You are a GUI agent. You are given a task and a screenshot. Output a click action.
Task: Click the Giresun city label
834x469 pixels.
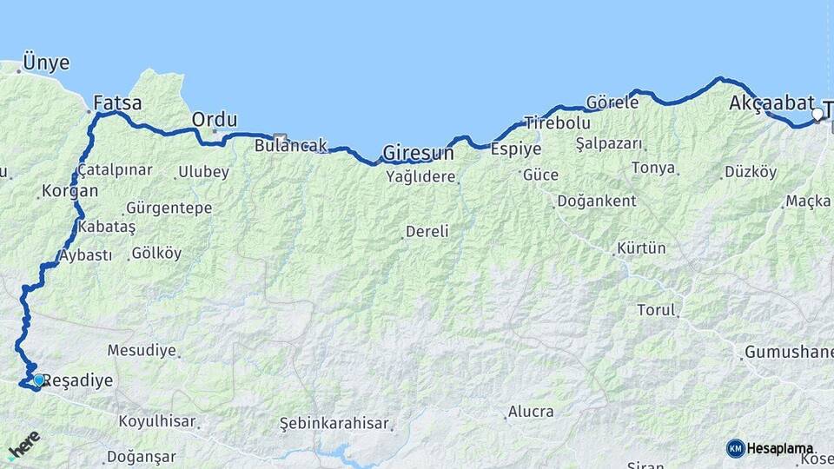(419, 153)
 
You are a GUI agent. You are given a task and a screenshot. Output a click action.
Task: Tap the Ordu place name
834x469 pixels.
(214, 119)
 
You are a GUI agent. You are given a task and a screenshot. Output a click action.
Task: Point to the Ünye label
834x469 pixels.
(47, 63)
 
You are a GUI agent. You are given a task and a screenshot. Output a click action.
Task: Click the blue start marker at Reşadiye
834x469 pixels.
(38, 380)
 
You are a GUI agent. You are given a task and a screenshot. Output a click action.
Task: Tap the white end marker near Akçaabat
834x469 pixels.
(817, 114)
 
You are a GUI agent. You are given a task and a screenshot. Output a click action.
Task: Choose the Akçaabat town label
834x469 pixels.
(771, 102)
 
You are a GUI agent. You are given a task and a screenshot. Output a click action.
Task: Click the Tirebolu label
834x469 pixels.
(557, 123)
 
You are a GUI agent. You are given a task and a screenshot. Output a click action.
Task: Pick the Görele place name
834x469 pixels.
(612, 102)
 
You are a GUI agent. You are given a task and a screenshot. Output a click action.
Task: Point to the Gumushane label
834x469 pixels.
(787, 353)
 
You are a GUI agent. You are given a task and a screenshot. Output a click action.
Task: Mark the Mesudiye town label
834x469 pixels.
(142, 351)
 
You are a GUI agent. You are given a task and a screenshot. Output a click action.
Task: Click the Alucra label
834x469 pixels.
(531, 411)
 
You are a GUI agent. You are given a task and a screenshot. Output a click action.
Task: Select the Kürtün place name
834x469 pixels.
(641, 248)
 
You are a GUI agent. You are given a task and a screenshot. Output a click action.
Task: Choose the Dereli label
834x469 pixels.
(427, 232)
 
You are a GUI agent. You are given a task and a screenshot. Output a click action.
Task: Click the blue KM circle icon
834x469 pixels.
(735, 448)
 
